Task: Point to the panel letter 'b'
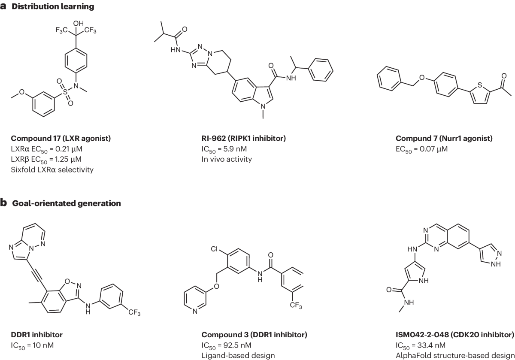(x=3, y=203)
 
